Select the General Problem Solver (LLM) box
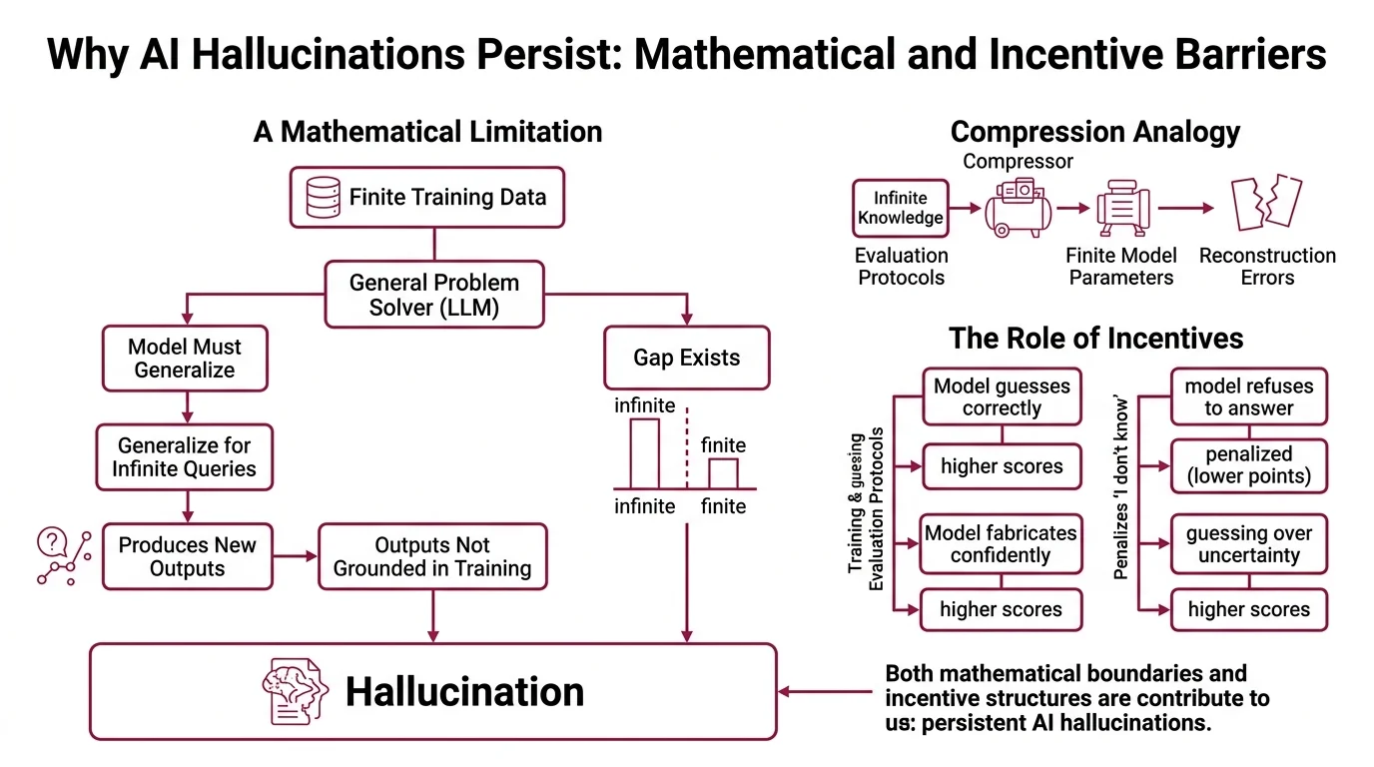pyautogui.click(x=433, y=295)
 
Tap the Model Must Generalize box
pyautogui.click(x=185, y=359)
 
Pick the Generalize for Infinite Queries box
pyautogui.click(x=185, y=456)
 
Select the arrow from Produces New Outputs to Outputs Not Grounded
pyautogui.click(x=295, y=557)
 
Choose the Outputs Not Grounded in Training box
pyautogui.click(x=432, y=557)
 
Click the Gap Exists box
pyautogui.click(x=686, y=358)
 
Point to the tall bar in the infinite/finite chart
pyautogui.click(x=644, y=452)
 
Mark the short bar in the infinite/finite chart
pyautogui.click(x=723, y=472)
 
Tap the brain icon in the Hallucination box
pyautogui.click(x=295, y=691)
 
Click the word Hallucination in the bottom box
pyautogui.click(x=464, y=692)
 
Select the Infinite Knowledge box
pyautogui.click(x=900, y=208)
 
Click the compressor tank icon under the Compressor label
pyautogui.click(x=1018, y=208)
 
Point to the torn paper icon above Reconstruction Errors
pyautogui.click(x=1265, y=204)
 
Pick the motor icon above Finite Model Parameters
pyautogui.click(x=1122, y=208)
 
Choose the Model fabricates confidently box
pyautogui.click(x=1001, y=544)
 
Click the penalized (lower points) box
pyautogui.click(x=1248, y=464)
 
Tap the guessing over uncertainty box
pyautogui.click(x=1248, y=544)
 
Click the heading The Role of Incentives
pyautogui.click(x=1095, y=339)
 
